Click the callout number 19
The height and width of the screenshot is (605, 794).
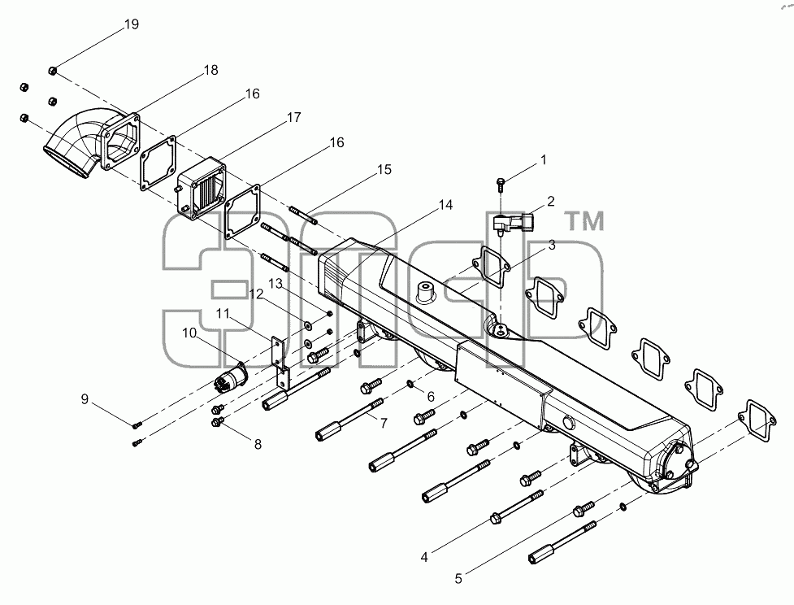[x=132, y=24]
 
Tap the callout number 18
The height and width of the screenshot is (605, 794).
[x=210, y=70]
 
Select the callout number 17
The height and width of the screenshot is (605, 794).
[x=293, y=118]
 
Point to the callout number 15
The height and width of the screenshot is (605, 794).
[x=384, y=169]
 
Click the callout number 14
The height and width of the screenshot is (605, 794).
[x=445, y=205]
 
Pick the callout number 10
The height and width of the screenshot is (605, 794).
[x=189, y=333]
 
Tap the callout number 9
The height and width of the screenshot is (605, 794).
[x=85, y=399]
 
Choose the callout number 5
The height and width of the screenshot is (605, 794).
[x=458, y=579]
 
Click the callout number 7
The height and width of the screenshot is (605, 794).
[x=384, y=423]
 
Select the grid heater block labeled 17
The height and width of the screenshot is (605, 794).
[x=201, y=186]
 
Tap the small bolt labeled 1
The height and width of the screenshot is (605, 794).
[x=501, y=184]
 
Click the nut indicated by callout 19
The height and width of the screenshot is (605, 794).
[x=53, y=70]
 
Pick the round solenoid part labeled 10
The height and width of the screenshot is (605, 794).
[x=231, y=378]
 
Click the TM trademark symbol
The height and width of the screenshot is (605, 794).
[x=584, y=221]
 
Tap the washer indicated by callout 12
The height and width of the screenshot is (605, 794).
[x=308, y=324]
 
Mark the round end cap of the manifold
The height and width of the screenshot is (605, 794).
[x=676, y=460]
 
